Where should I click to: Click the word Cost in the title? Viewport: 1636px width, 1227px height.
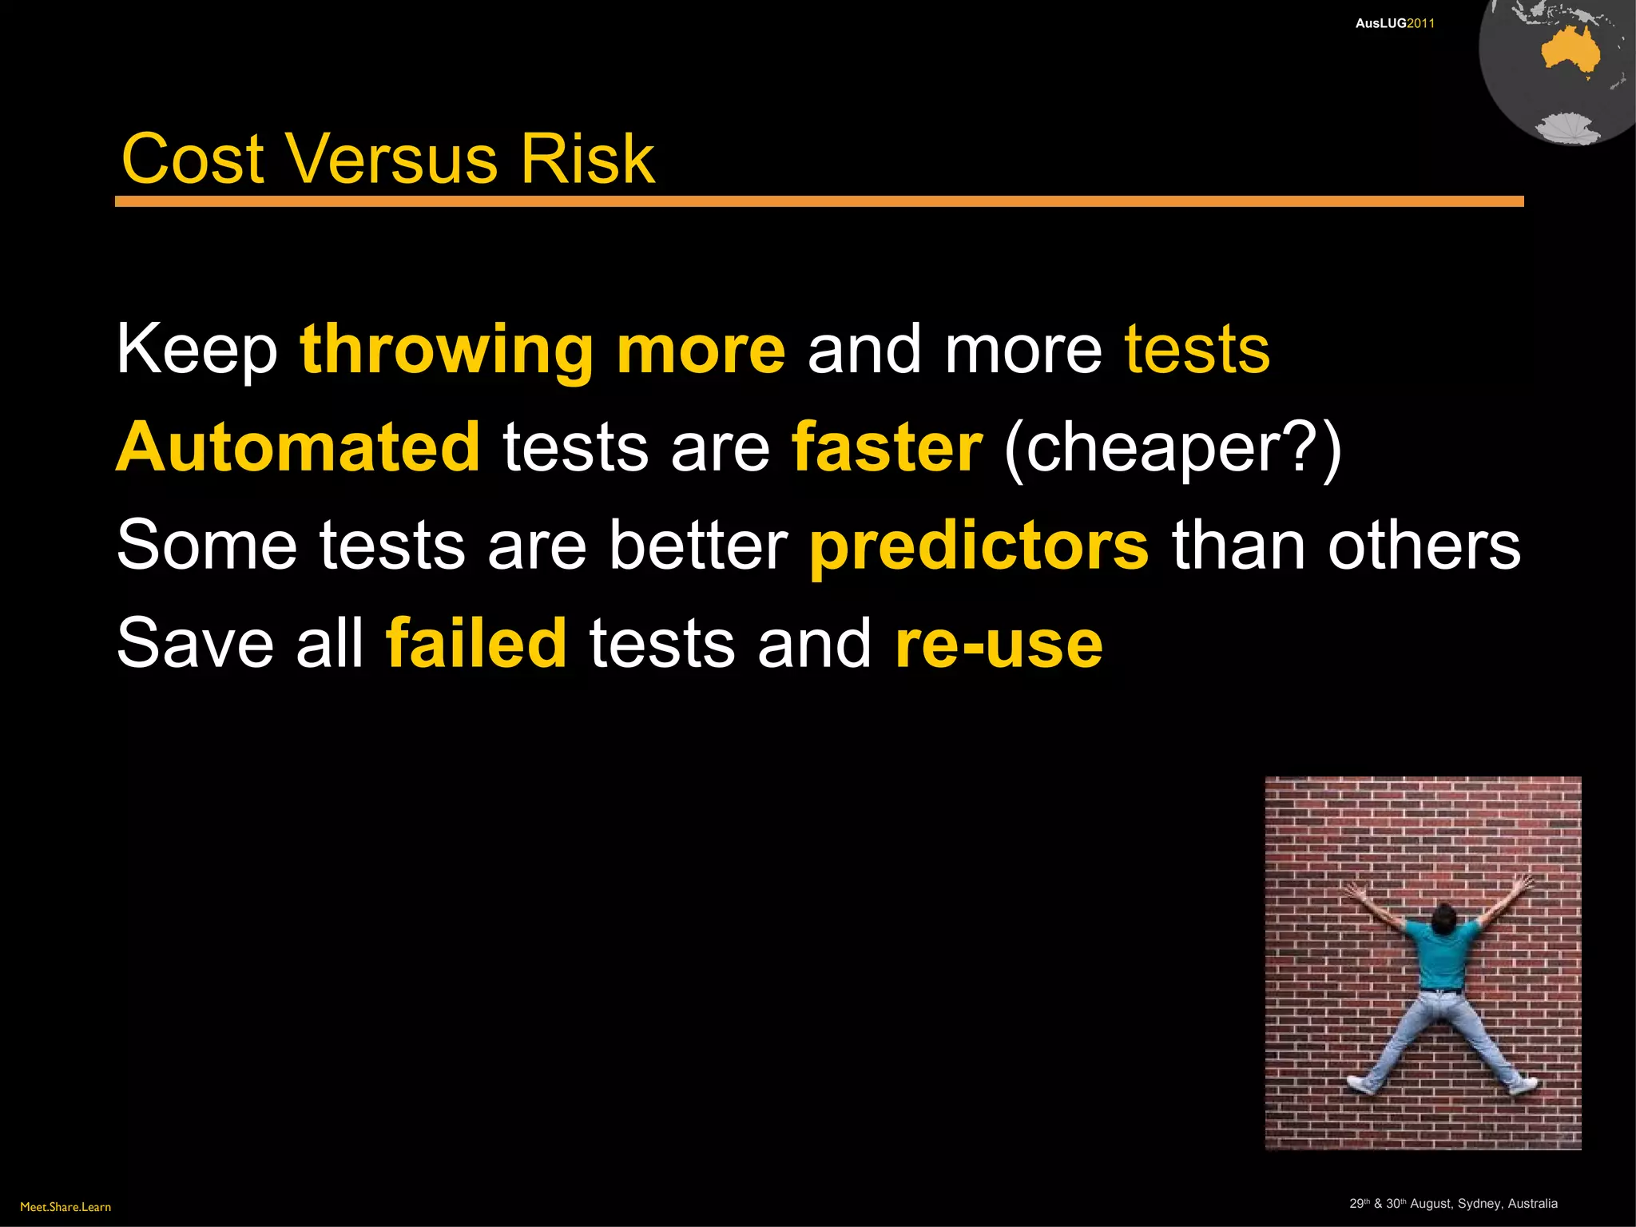click(x=193, y=159)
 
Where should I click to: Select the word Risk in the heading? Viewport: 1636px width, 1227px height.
click(x=587, y=159)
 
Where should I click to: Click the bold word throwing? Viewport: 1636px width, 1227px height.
click(x=446, y=351)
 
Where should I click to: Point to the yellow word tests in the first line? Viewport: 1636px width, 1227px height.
click(x=1197, y=350)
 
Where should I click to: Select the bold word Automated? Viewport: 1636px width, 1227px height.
click(x=298, y=447)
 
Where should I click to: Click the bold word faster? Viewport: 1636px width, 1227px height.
click(x=886, y=447)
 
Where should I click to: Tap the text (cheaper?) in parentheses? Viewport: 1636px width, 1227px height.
click(x=1173, y=449)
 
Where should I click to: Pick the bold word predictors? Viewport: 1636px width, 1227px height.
click(x=979, y=546)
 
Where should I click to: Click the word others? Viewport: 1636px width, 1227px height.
click(x=1424, y=546)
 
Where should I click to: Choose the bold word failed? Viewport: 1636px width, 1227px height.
click(x=476, y=643)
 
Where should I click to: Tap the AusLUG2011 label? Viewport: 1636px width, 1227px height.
click(x=1395, y=24)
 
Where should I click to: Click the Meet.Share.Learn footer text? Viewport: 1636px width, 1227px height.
click(x=66, y=1207)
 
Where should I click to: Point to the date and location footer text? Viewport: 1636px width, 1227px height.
click(x=1453, y=1204)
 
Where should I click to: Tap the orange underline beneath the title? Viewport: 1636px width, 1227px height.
click(x=819, y=201)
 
